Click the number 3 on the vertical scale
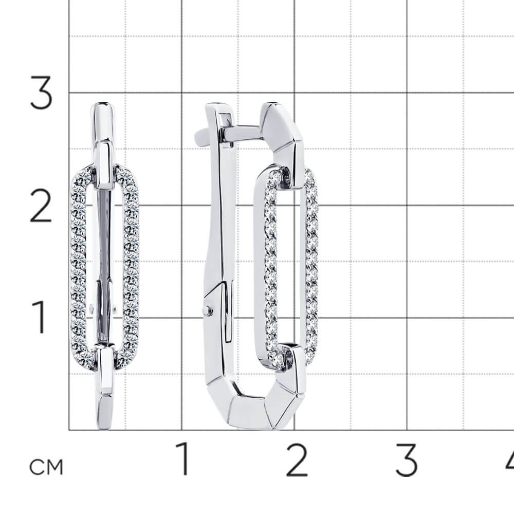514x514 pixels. click(41, 93)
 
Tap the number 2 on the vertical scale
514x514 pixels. click(41, 206)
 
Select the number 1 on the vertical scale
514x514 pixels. click(40, 317)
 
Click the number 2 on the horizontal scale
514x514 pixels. click(297, 460)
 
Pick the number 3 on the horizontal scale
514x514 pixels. click(407, 460)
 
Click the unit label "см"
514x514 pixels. click(46, 467)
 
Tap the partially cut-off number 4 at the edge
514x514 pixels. click(510, 460)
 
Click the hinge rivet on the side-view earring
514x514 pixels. click(208, 310)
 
